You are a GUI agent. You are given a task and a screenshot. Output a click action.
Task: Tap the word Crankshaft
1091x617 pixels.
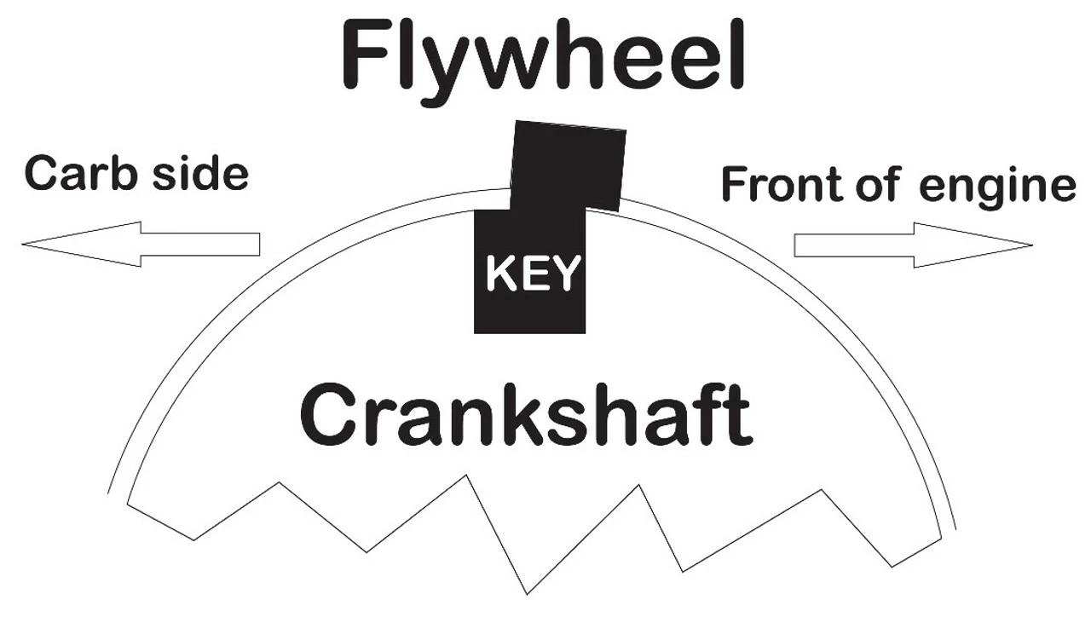(x=526, y=414)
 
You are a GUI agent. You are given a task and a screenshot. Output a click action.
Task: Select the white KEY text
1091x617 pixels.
(x=532, y=274)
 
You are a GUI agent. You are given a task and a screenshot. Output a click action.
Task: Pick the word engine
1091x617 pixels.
(x=997, y=187)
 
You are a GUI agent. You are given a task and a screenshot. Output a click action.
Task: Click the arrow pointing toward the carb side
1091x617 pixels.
(x=141, y=244)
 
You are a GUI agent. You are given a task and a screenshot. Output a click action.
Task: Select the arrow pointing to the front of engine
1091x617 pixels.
(x=913, y=245)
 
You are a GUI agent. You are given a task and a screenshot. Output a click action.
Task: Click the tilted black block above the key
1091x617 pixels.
(x=569, y=166)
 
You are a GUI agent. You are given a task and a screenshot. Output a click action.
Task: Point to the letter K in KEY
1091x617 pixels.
(x=499, y=274)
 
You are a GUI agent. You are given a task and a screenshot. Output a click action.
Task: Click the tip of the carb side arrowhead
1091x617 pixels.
(x=24, y=245)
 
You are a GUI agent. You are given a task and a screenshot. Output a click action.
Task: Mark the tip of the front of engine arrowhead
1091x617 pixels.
(x=1031, y=245)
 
